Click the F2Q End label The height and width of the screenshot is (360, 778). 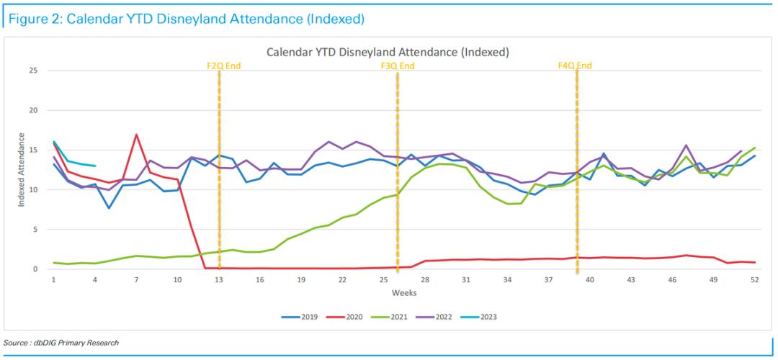(223, 66)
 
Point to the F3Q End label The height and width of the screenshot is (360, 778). (398, 66)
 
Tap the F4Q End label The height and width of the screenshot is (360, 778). (575, 66)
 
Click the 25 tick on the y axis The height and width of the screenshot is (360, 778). (32, 71)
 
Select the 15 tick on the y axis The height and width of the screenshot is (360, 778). (32, 150)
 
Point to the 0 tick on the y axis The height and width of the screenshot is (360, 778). (35, 269)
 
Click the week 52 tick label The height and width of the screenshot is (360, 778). (754, 279)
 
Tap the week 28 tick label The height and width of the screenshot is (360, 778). (425, 279)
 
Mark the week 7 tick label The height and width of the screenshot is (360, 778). (136, 279)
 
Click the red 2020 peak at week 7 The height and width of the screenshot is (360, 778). (136, 135)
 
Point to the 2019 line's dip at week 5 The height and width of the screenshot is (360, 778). (109, 208)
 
